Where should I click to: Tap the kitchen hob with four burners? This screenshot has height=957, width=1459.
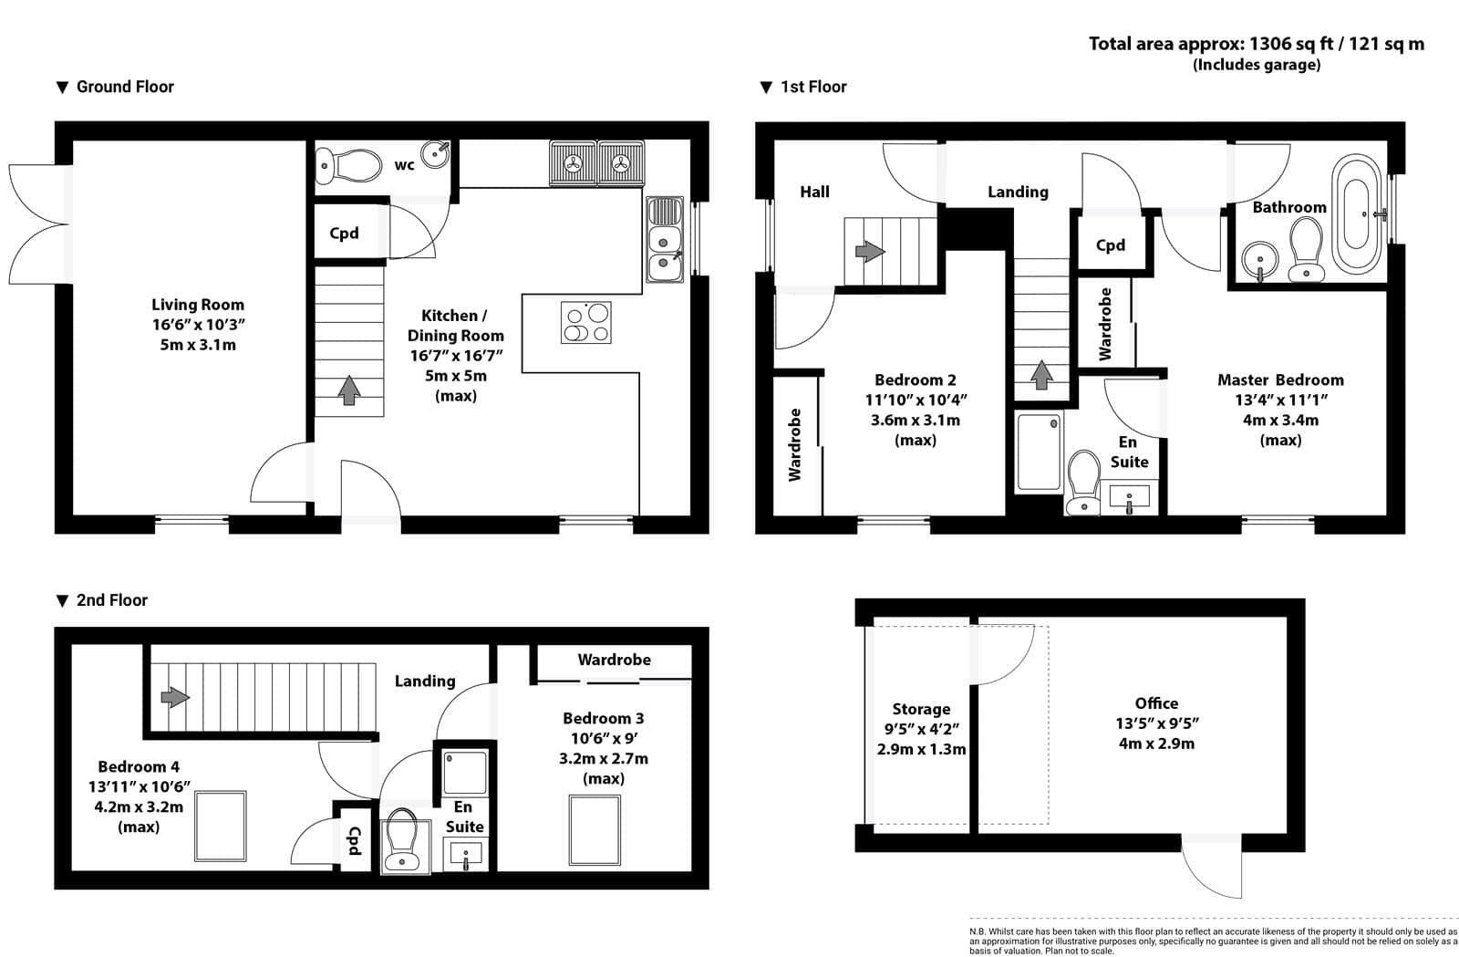click(585, 322)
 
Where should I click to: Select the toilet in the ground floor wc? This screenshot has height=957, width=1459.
click(348, 165)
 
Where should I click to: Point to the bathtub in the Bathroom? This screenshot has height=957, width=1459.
click(1356, 213)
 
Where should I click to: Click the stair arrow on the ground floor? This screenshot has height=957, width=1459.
click(349, 390)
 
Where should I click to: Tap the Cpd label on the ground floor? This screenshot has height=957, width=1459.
click(344, 234)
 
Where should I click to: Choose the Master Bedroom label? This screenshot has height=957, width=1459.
click(1280, 380)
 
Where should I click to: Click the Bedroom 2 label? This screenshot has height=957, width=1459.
click(916, 380)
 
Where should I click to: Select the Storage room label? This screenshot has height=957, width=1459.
click(921, 709)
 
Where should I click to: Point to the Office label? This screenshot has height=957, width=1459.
click(1157, 703)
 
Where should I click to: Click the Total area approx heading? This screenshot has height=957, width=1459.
click(1257, 44)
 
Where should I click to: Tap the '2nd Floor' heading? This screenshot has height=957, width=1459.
click(112, 600)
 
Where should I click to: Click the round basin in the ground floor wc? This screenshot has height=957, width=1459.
click(435, 154)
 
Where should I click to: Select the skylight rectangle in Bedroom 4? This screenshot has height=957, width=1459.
click(221, 826)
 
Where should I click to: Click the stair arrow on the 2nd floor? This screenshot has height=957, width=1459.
click(175, 697)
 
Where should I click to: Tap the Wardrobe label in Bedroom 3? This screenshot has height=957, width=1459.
click(615, 660)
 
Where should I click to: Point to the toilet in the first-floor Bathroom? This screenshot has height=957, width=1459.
click(1306, 250)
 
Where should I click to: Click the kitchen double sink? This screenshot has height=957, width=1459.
click(665, 239)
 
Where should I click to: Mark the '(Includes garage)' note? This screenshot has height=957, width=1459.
click(1257, 65)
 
